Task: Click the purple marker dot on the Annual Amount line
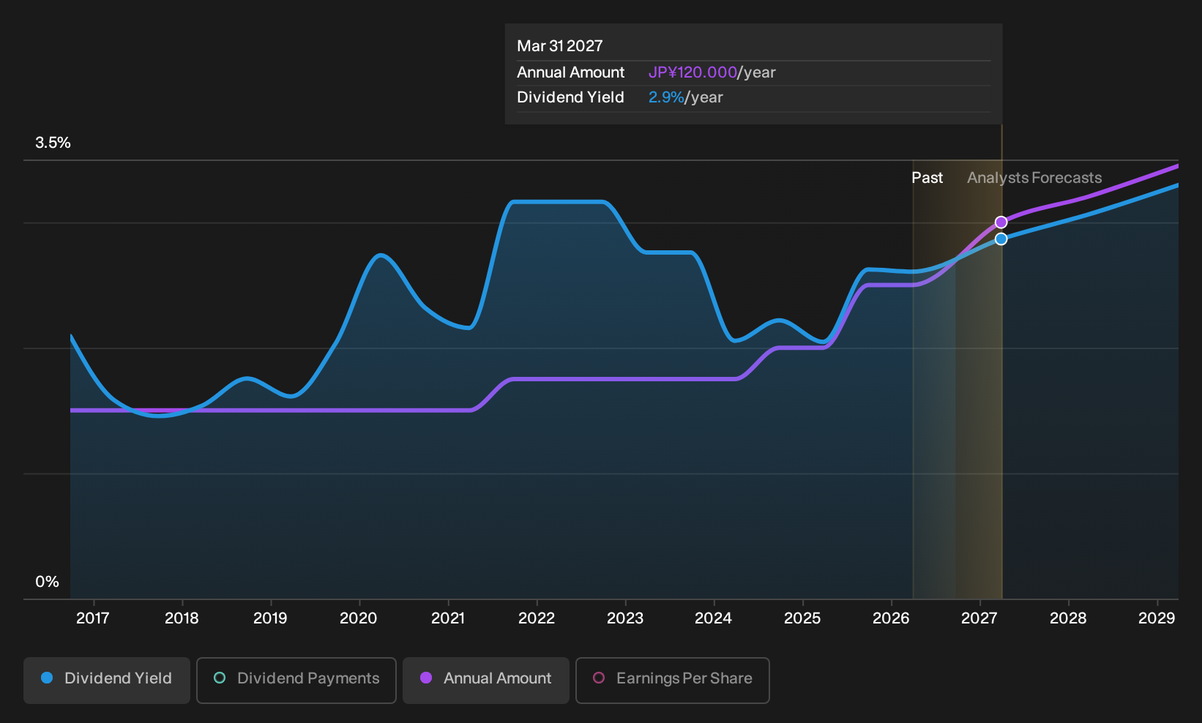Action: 1001,222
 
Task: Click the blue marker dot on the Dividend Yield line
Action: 1001,239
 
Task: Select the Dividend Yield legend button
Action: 107,680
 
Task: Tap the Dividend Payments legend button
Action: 296,680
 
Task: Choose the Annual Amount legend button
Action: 485,680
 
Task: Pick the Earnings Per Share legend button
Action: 672,680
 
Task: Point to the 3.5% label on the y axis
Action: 53,143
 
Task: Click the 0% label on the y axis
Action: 47,582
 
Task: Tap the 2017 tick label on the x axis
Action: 93,618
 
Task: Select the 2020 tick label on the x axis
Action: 359,618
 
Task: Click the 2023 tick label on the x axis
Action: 625,618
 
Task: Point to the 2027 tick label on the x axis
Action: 979,618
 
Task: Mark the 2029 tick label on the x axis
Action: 1157,618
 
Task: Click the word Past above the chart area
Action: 927,178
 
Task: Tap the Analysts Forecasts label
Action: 1034,178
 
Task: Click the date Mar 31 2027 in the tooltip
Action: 560,45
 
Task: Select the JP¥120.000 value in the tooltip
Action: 693,72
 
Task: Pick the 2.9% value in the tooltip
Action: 666,97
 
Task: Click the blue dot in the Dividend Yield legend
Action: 48,678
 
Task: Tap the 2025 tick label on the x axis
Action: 802,618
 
